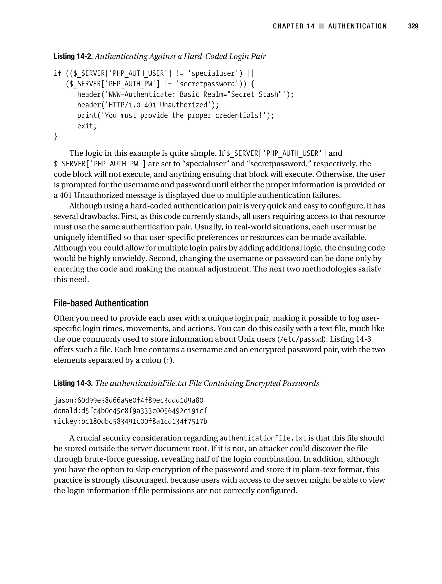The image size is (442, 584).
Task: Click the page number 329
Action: tap(413, 26)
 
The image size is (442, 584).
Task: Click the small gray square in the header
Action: tap(321, 26)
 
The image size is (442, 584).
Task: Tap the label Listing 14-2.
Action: tap(73, 57)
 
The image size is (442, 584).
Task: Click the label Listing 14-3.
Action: tap(73, 383)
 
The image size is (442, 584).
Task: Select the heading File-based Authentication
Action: tap(101, 303)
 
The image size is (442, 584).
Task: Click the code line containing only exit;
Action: tap(87, 126)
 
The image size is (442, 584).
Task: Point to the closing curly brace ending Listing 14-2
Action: tap(55, 136)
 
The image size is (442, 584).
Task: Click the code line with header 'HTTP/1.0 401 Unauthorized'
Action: tap(148, 105)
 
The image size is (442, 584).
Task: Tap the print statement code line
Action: tap(175, 115)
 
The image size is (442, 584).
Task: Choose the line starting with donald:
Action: tap(130, 411)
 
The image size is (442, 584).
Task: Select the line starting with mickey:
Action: tap(130, 421)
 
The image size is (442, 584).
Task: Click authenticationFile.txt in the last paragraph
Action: tap(263, 438)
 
